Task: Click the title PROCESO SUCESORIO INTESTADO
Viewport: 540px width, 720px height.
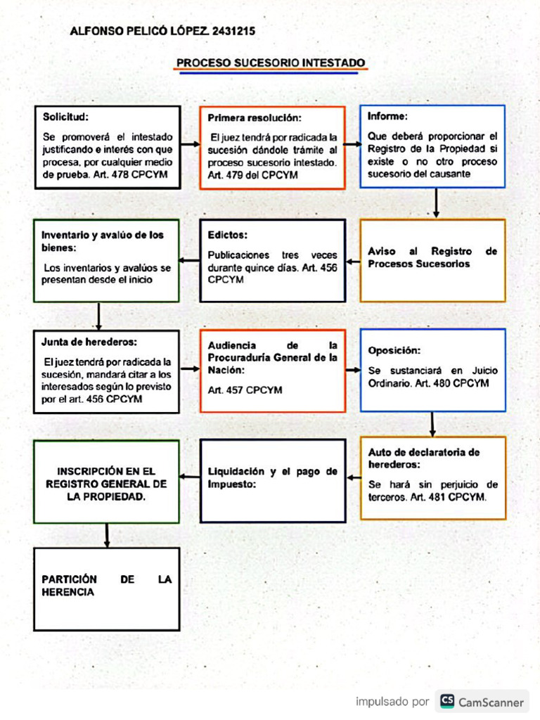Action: pyautogui.click(x=271, y=63)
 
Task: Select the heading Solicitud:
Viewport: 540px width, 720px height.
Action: pyautogui.click(x=65, y=117)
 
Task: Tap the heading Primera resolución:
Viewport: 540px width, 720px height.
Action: pyautogui.click(x=255, y=118)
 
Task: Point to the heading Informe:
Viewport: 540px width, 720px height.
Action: pyautogui.click(x=387, y=116)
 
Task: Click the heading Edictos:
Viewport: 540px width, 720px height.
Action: pyautogui.click(x=228, y=235)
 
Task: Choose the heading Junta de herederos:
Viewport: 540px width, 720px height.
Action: pyautogui.click(x=89, y=342)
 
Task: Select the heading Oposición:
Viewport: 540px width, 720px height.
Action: pyautogui.click(x=394, y=350)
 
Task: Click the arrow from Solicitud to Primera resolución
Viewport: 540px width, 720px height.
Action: pyautogui.click(x=190, y=146)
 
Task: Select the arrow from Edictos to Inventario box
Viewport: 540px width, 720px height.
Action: pyautogui.click(x=190, y=261)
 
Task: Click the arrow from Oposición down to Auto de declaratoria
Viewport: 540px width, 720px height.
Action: pyautogui.click(x=432, y=424)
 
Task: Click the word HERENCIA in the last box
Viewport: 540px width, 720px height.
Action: pyautogui.click(x=67, y=593)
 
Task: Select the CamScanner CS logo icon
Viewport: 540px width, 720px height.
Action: pyautogui.click(x=447, y=701)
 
